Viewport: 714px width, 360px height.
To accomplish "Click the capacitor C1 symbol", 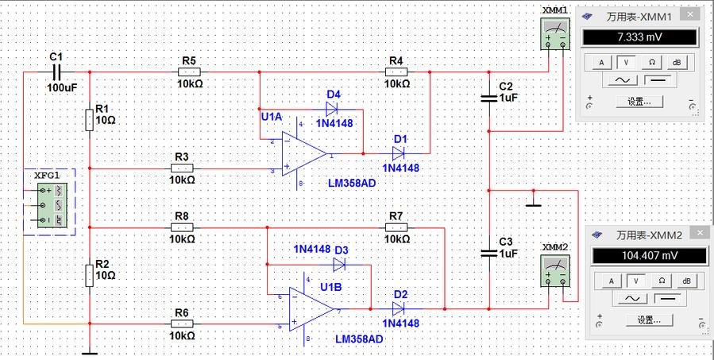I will (x=56, y=72).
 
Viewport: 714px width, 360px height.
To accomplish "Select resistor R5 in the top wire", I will (x=189, y=72).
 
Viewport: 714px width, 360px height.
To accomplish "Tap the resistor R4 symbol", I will (x=397, y=72).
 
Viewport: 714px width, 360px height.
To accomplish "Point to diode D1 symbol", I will (x=399, y=153).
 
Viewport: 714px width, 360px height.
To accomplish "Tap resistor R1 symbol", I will (x=90, y=119).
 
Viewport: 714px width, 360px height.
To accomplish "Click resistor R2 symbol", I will (x=90, y=275).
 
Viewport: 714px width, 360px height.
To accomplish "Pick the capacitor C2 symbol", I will (x=490, y=99).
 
